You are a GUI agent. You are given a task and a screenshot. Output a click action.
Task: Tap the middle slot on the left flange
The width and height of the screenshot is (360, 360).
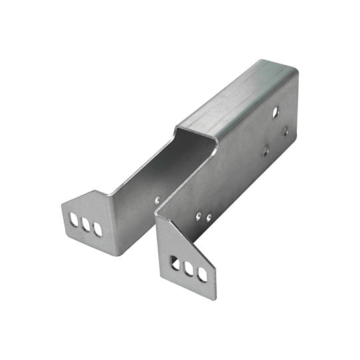[85, 224]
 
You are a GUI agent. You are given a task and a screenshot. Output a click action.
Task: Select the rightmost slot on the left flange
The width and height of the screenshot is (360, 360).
[98, 229]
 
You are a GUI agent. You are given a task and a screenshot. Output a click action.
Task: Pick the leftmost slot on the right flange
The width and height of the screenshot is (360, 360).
[176, 264]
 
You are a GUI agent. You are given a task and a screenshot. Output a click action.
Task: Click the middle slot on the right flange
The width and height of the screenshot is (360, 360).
[189, 269]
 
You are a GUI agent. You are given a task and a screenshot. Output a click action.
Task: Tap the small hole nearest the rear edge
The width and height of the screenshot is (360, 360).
[285, 131]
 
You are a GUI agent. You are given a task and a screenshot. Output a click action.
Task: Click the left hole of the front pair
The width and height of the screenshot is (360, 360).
[198, 215]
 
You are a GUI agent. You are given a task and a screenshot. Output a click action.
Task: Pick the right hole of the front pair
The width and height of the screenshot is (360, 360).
[209, 217]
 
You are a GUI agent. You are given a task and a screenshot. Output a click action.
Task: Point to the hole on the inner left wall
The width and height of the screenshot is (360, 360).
[158, 199]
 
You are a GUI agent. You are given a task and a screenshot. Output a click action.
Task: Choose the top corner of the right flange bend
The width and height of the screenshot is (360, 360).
[158, 214]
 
